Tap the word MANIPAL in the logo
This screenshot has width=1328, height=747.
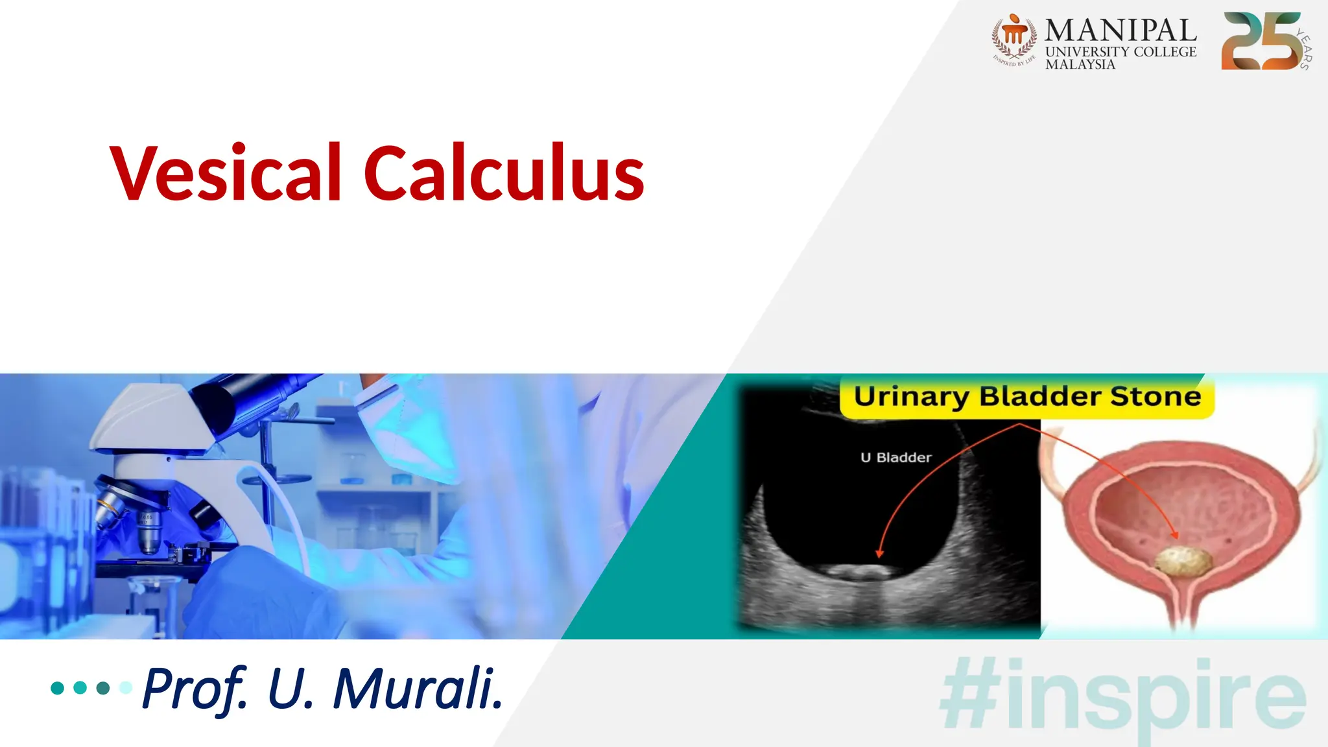pos(1120,30)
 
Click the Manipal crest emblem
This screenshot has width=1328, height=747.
pos(1014,38)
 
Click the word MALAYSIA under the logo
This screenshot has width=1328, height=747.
pos(1080,65)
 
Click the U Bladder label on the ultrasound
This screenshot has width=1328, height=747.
pos(895,458)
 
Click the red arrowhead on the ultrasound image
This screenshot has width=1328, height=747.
pos(879,553)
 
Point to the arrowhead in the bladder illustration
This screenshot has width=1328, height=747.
pos(1174,534)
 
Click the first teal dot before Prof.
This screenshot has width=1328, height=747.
pos(57,687)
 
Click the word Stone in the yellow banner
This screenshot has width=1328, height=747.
pos(1156,396)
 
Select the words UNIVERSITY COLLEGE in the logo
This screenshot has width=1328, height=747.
pos(1120,52)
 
